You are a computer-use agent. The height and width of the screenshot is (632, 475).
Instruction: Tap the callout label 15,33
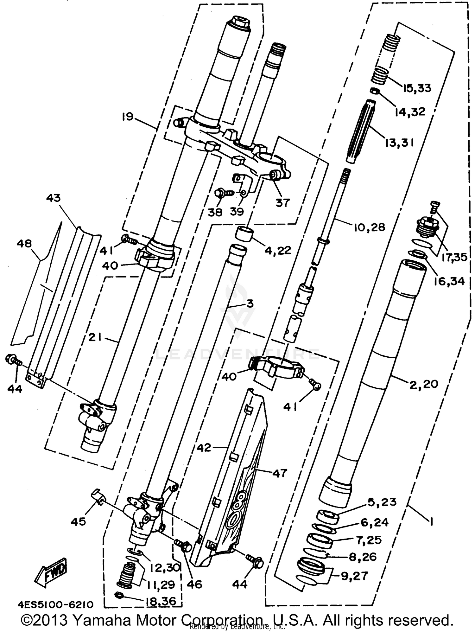coord(417,88)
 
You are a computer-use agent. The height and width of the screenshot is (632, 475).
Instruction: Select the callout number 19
coord(128,117)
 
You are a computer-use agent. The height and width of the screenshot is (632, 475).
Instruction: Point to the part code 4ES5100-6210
coord(56,605)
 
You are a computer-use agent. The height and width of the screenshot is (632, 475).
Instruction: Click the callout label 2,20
coord(424,384)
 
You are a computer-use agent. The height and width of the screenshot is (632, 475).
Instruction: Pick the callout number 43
coord(53,198)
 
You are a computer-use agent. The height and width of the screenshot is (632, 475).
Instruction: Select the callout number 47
coord(279,473)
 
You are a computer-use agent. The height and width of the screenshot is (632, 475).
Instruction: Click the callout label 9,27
coord(354,576)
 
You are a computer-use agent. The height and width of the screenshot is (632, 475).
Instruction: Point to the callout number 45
coord(78,521)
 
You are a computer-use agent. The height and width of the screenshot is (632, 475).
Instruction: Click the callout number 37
coord(282,202)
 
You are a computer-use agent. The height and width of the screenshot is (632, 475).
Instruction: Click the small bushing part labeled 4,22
coord(244,234)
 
